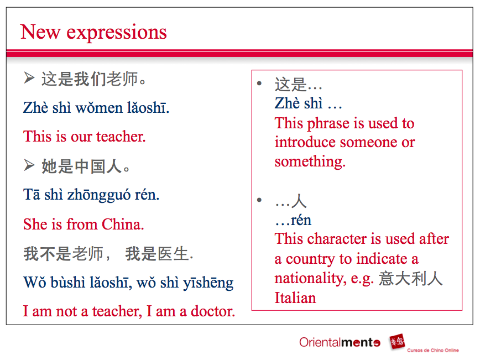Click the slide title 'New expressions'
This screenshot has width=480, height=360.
click(x=93, y=32)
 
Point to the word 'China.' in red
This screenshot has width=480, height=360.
click(x=123, y=224)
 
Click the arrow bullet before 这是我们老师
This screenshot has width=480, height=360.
click(x=29, y=79)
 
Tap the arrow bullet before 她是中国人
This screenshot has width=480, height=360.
click(x=29, y=164)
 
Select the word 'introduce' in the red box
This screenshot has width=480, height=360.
click(x=305, y=142)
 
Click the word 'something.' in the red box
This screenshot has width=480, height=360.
click(x=310, y=161)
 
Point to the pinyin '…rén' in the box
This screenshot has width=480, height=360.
click(x=293, y=220)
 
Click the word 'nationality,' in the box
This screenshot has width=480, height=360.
click(x=310, y=278)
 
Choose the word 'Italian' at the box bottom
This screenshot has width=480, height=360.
click(x=295, y=298)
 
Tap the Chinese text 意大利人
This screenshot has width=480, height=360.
click(x=411, y=278)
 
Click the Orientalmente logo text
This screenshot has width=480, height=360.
click(x=340, y=342)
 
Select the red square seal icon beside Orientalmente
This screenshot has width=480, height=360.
click(x=396, y=342)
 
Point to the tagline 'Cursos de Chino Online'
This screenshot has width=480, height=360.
click(x=432, y=351)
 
